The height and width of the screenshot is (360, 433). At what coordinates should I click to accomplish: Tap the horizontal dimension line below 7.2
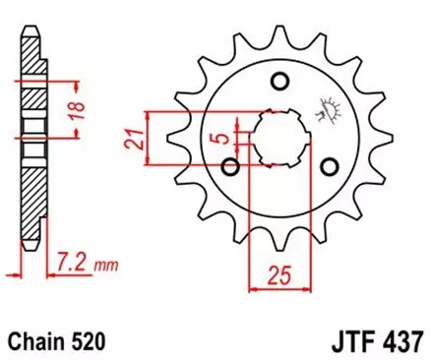[49, 275]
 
